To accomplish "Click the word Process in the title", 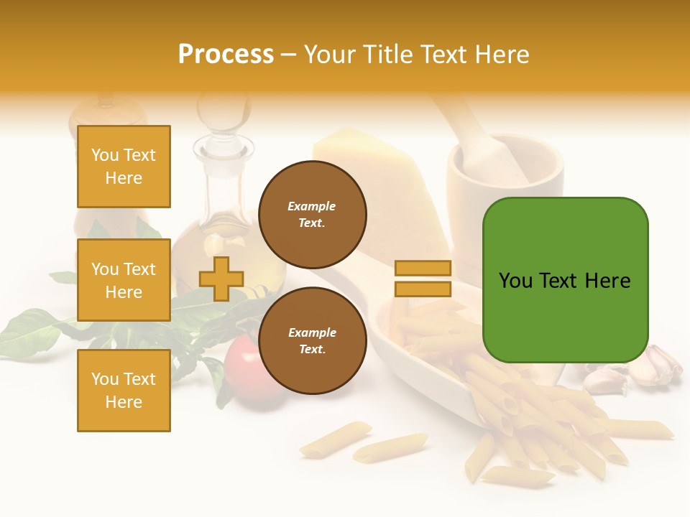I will point(226,55).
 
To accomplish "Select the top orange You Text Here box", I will point(124,167).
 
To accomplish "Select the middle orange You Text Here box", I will point(124,280).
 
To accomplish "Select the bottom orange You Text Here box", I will point(124,391).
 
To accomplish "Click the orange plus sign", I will point(221,279).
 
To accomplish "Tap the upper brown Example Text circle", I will point(312,215).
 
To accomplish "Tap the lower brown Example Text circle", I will point(312,341).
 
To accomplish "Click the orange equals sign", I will point(423,279).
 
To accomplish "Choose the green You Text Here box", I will point(565,280).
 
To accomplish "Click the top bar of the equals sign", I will point(423,268).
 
